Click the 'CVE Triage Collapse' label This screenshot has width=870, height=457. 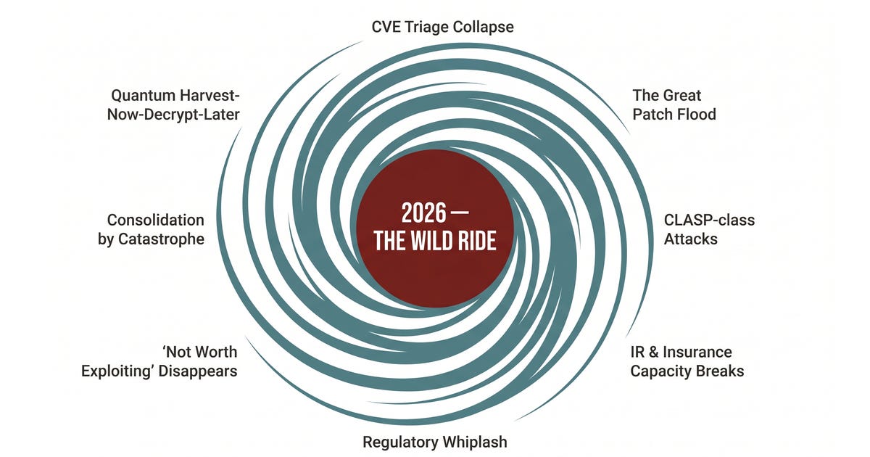click(442, 28)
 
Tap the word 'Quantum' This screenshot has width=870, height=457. click(141, 96)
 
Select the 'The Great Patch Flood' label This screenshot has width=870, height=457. click(674, 105)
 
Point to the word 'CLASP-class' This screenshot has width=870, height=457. click(709, 220)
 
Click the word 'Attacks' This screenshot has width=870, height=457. click(690, 239)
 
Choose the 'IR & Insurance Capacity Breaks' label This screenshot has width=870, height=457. click(687, 361)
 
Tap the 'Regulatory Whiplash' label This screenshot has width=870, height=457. click(435, 442)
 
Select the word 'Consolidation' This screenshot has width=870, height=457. click(155, 220)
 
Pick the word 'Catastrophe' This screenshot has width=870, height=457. click(161, 239)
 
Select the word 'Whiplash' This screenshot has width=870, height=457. click(475, 442)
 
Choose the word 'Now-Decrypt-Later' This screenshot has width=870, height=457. click(173, 115)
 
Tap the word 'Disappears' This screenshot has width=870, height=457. click(198, 371)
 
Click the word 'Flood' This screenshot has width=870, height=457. click(697, 115)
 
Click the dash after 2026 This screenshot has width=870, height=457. click(460, 213)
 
